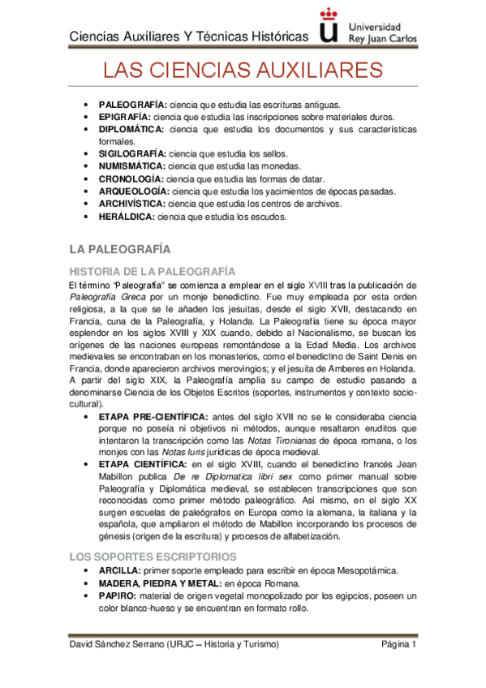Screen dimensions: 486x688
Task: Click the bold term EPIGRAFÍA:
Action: (x=127, y=117)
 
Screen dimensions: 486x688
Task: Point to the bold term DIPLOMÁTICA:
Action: (x=131, y=129)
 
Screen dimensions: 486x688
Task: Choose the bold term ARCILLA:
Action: (x=120, y=570)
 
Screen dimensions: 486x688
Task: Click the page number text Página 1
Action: (x=398, y=644)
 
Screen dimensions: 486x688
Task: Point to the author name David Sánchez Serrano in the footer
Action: (x=114, y=644)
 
